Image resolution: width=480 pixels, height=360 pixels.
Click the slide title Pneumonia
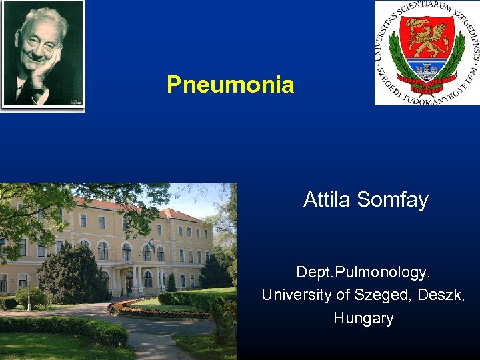click(x=230, y=85)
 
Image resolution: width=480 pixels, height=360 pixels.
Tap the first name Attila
click(x=328, y=199)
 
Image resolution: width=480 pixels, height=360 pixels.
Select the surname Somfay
click(x=393, y=199)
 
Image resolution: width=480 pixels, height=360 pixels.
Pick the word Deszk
click(x=441, y=295)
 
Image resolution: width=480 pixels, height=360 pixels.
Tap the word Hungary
click(x=363, y=318)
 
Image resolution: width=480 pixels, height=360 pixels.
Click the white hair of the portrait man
click(x=40, y=17)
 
